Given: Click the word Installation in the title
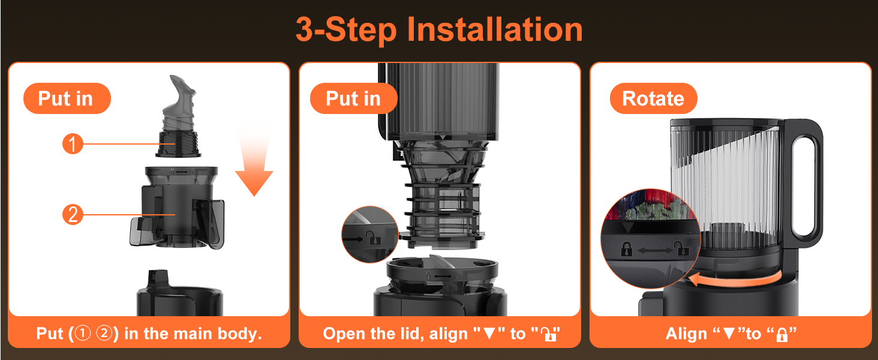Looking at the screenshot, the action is [x=495, y=29].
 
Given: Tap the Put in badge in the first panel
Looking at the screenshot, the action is [x=67, y=98].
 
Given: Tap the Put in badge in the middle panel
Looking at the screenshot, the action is [x=354, y=98].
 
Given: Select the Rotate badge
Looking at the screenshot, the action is [x=654, y=98].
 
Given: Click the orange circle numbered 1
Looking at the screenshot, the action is [x=73, y=143].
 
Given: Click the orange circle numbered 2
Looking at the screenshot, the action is [x=73, y=215].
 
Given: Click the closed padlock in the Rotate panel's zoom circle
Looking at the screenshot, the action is [x=627, y=250].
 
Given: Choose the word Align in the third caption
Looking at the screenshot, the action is [x=686, y=334].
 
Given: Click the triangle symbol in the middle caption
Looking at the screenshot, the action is [x=489, y=334].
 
